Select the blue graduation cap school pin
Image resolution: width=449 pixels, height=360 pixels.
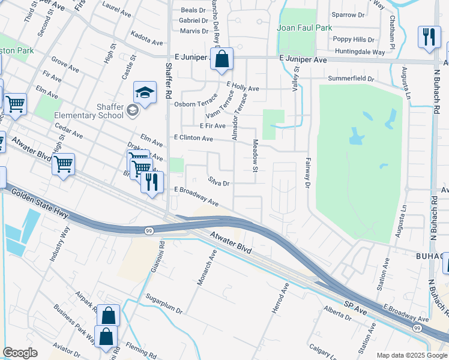(x=145, y=93)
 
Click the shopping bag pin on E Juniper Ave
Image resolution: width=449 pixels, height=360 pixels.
(x=221, y=60)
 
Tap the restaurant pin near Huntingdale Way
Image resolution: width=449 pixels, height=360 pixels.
(x=429, y=37)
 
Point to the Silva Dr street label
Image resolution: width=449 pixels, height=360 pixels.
(x=219, y=181)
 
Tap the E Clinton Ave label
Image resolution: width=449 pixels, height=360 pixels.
(x=193, y=138)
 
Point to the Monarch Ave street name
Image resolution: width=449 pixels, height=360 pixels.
(x=206, y=268)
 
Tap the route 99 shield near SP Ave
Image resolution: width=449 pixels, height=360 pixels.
(x=417, y=328)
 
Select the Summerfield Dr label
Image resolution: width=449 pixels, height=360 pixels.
(x=351, y=79)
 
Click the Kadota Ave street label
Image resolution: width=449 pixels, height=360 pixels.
(x=147, y=43)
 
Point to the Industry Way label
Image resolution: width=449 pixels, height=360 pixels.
(x=61, y=243)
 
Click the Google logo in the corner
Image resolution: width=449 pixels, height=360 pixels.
(x=20, y=353)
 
